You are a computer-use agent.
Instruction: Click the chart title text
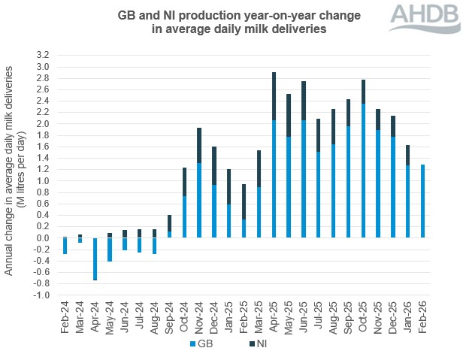pyautogui.click(x=222, y=22)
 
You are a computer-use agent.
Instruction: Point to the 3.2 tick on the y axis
pyautogui.click(x=42, y=56)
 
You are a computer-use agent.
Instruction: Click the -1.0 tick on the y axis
pyautogui.click(x=41, y=295)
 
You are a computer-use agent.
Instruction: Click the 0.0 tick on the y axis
pyautogui.click(x=42, y=238)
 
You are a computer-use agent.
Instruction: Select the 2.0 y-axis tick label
pyautogui.click(x=42, y=124)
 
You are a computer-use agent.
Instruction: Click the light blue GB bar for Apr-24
pyautogui.click(x=95, y=259)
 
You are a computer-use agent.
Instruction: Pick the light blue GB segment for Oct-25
pyautogui.click(x=363, y=171)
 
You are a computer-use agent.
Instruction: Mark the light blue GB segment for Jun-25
pyautogui.click(x=304, y=179)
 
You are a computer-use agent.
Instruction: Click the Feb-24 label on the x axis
pyautogui.click(x=65, y=318)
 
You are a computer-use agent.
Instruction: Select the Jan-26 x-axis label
pyautogui.click(x=407, y=318)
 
